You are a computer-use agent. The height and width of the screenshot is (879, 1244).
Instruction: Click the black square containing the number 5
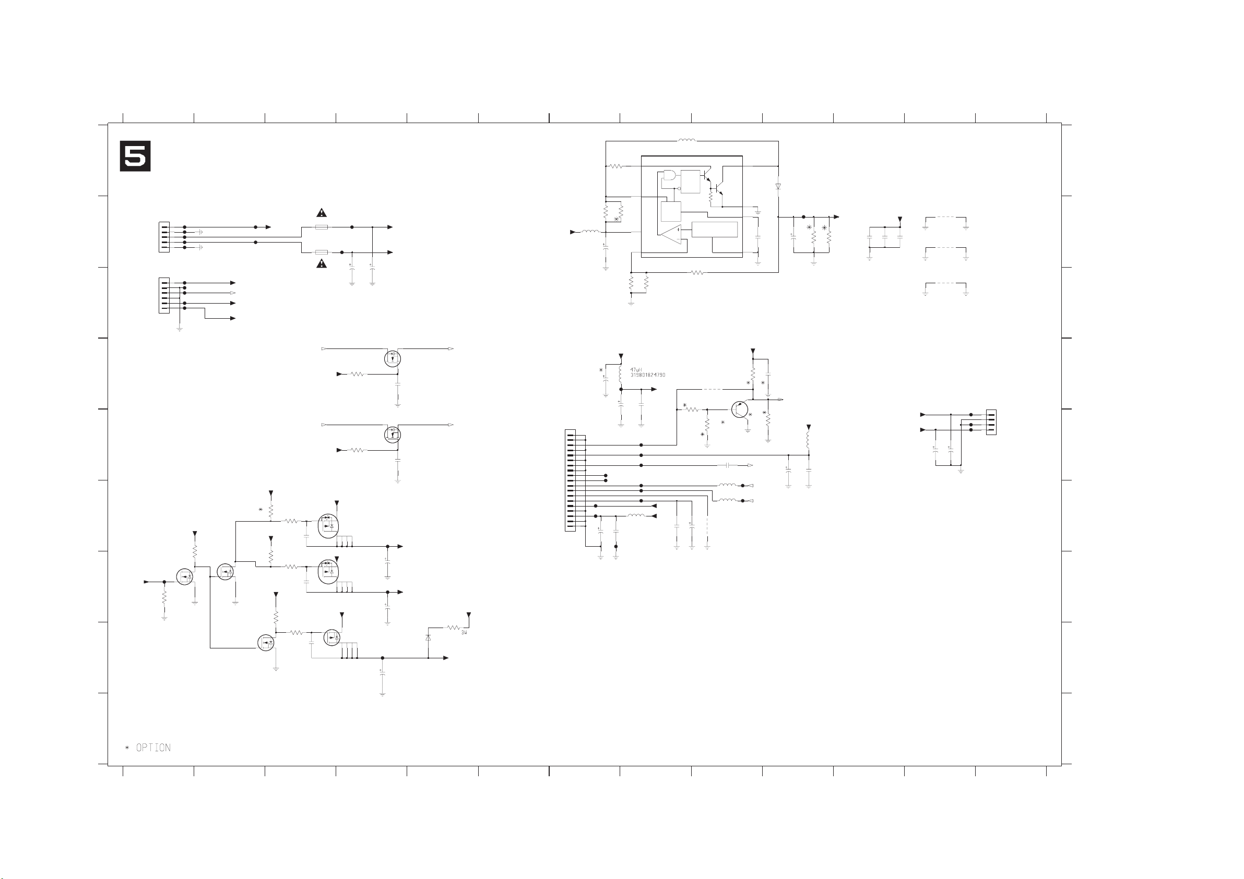[x=135, y=156]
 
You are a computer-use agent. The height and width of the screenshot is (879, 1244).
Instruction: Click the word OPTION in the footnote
[x=153, y=748]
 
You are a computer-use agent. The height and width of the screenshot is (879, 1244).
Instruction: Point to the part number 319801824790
[x=648, y=375]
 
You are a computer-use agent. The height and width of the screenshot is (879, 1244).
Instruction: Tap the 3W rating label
[x=464, y=633]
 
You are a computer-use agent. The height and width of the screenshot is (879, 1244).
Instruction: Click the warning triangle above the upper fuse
[x=321, y=212]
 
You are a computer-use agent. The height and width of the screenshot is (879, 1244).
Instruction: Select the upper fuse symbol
[x=321, y=227]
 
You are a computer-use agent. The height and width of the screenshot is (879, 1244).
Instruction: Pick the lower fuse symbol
[x=321, y=252]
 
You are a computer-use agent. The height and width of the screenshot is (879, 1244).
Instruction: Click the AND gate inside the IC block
[x=670, y=176]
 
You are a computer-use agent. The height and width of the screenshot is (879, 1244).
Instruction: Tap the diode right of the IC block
[x=778, y=186]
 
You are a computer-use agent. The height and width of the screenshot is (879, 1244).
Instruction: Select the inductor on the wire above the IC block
[x=686, y=141]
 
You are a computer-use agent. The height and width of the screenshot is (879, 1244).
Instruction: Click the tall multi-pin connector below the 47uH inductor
[x=570, y=480]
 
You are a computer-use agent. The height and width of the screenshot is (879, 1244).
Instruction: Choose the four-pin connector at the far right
[x=991, y=423]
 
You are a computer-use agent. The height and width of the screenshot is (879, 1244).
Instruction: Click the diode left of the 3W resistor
[x=428, y=638]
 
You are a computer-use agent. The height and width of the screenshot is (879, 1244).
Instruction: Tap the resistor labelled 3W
[x=453, y=628]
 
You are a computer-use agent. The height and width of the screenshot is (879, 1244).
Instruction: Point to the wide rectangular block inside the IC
[x=715, y=229]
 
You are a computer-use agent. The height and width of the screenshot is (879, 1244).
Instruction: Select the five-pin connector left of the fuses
[x=163, y=237]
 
